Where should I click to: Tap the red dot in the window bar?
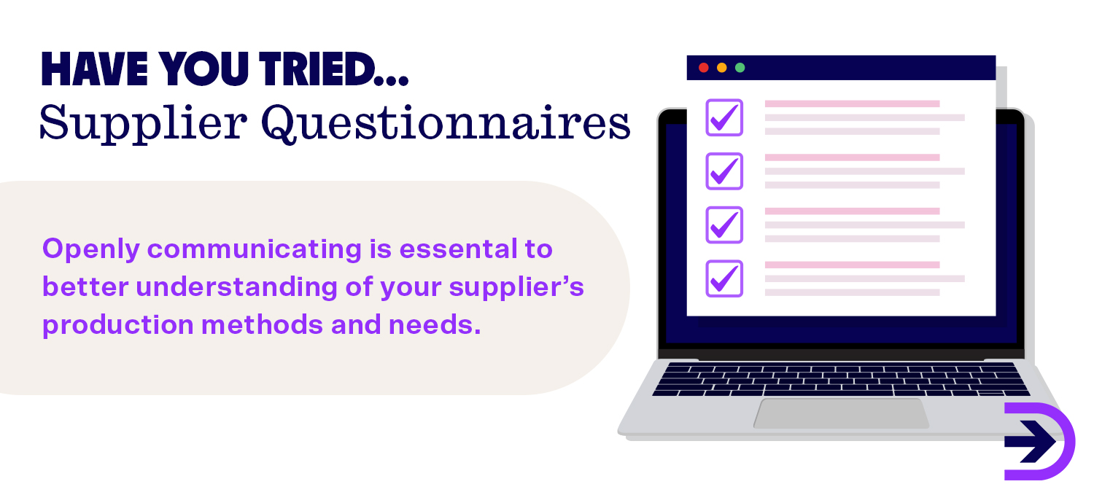click(703, 68)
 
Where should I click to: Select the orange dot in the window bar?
click(721, 68)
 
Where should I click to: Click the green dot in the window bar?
click(740, 68)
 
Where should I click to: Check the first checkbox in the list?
click(723, 117)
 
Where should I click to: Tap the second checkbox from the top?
click(723, 171)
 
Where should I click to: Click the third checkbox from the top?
click(723, 225)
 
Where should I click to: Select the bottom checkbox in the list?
click(723, 278)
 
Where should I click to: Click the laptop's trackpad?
click(841, 413)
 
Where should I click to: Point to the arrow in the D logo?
click(1031, 441)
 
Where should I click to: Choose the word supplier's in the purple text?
click(516, 286)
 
